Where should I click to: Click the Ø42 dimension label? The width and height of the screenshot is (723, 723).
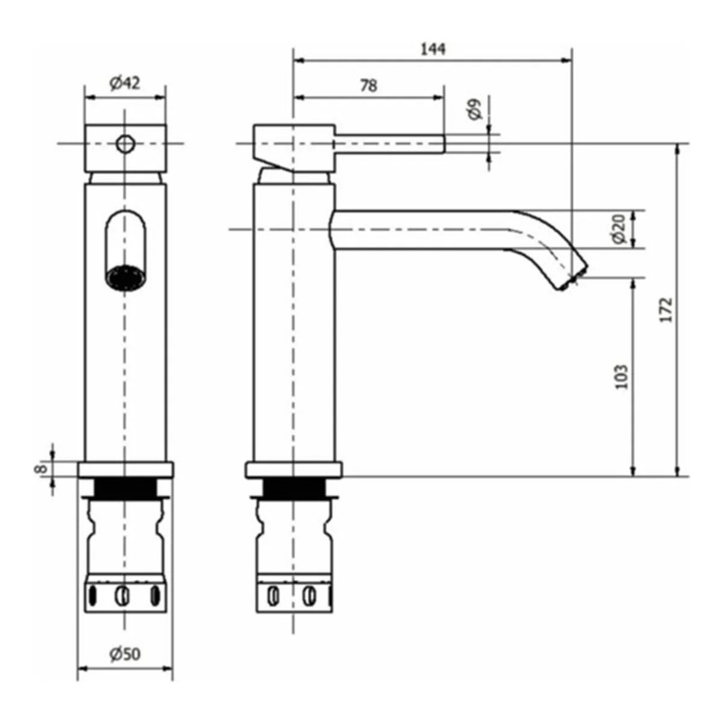(125, 83)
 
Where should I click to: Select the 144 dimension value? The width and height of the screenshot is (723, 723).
(433, 49)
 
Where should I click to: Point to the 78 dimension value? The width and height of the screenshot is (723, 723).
(368, 86)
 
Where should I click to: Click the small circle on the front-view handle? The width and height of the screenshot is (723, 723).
(126, 143)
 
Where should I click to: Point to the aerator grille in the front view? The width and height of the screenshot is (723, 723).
(126, 277)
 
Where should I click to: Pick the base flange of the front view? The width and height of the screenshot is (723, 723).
(126, 470)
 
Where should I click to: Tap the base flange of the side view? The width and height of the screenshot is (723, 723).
(294, 470)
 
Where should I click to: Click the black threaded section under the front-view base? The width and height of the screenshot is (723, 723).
(126, 489)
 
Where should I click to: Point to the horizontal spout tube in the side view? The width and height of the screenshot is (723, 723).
(425, 230)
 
